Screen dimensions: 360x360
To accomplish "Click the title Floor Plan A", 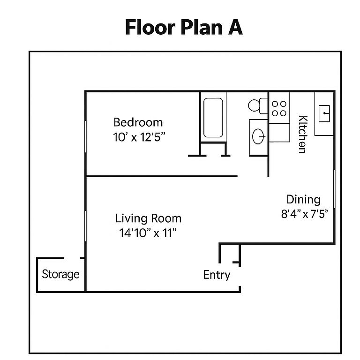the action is (x=184, y=28).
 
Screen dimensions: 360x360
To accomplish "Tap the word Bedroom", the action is (x=138, y=123).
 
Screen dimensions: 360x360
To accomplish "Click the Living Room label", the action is (x=148, y=218).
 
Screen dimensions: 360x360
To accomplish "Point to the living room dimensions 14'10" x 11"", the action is (x=148, y=233).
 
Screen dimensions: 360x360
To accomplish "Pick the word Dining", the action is (x=303, y=200).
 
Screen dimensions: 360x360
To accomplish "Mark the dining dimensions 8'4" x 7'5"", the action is (x=304, y=214).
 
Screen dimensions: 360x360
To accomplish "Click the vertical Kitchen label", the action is (x=302, y=134).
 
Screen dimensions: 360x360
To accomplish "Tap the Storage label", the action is (x=60, y=274).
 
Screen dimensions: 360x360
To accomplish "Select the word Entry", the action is (x=217, y=275).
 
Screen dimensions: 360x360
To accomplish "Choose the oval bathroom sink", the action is (x=258, y=136).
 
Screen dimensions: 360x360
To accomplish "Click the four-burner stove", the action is (x=279, y=108).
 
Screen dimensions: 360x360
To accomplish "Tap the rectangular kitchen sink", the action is (x=325, y=113).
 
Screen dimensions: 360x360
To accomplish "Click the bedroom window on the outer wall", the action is (x=85, y=136).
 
